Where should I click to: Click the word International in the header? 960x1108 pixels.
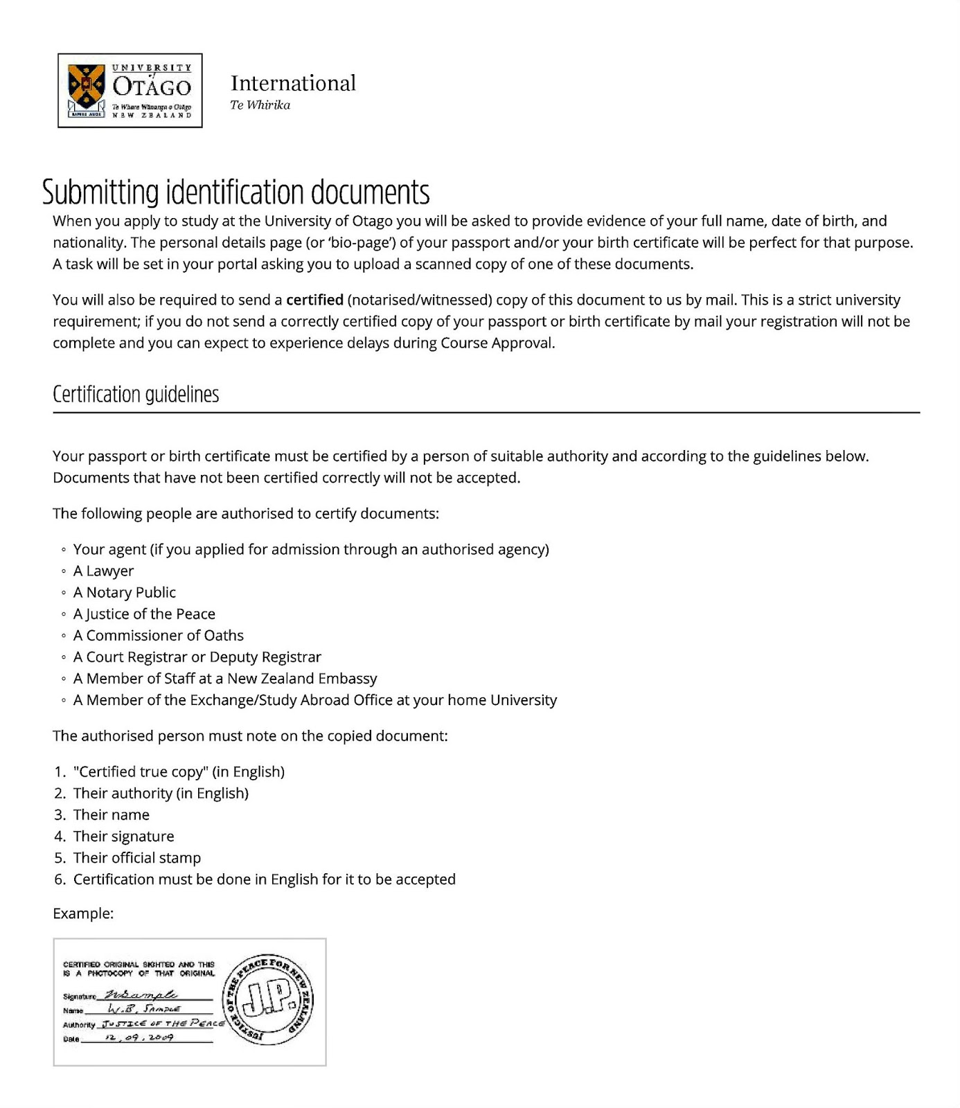click(293, 83)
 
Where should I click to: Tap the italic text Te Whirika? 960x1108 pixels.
click(260, 105)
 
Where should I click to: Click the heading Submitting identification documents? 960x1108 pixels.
click(235, 192)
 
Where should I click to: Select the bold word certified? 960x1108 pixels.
click(314, 300)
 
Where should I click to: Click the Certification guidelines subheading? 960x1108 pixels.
click(136, 394)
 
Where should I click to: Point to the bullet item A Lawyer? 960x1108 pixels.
click(103, 571)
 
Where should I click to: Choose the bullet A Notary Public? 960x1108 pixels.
click(124, 592)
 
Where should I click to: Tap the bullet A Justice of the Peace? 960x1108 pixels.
click(144, 614)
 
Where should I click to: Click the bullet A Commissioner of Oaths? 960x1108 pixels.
click(158, 635)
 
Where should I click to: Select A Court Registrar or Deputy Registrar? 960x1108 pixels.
click(197, 656)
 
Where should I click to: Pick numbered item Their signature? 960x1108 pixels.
click(123, 836)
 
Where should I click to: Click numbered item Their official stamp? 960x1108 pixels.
click(136, 857)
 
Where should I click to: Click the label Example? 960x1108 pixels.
click(83, 913)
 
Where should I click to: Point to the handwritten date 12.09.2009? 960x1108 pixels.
click(139, 1038)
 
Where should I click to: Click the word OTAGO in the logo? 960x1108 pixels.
click(152, 87)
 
